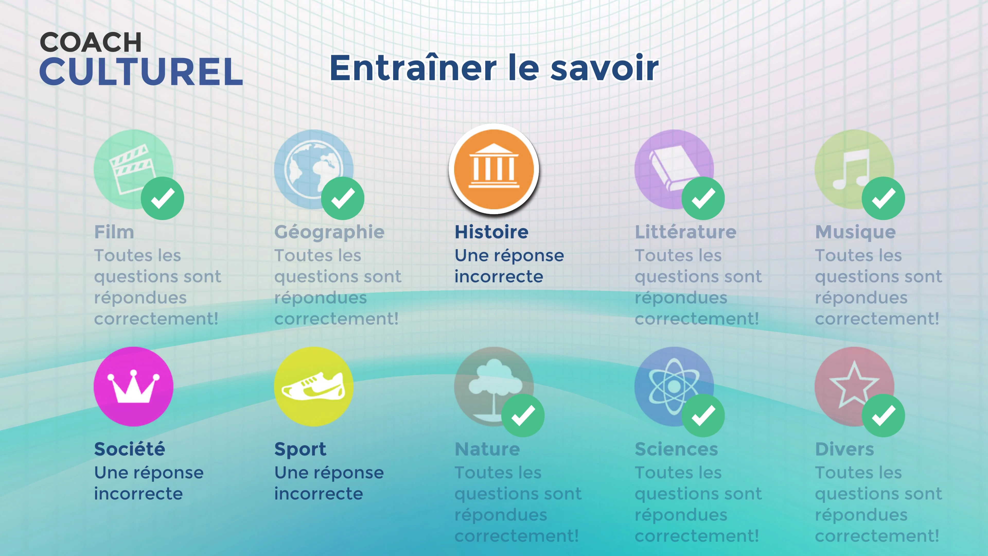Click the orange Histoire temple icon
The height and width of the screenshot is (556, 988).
pos(494,169)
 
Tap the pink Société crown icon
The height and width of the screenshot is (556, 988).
pos(134,386)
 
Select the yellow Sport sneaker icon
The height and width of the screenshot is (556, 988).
pos(314,386)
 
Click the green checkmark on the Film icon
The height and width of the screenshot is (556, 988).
pos(162,198)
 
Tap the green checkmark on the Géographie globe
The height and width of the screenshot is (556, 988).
pos(342,198)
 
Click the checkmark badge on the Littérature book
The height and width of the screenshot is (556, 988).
pos(703,198)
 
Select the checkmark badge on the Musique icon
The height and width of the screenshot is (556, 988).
pos(883,198)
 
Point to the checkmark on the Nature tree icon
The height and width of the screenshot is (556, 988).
pos(523,415)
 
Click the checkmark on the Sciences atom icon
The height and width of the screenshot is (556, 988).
pos(703,415)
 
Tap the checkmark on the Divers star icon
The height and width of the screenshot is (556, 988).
pos(883,415)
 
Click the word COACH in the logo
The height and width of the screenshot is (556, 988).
pos(91,42)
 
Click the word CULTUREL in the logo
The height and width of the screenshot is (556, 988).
pos(141,72)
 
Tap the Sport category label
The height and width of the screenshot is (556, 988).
pos(300,450)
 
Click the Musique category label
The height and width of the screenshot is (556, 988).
pos(855,232)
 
